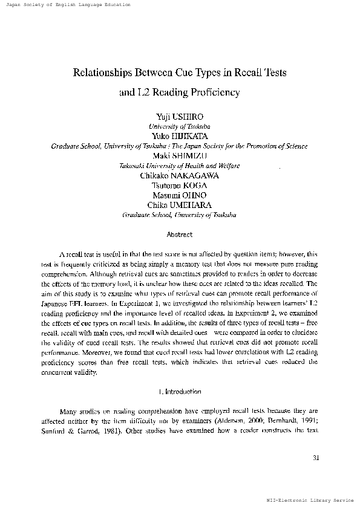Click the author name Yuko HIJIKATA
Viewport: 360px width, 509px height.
[180, 137]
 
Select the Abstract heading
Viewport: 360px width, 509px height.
[179, 234]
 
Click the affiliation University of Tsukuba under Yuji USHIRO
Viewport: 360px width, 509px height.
[179, 127]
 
